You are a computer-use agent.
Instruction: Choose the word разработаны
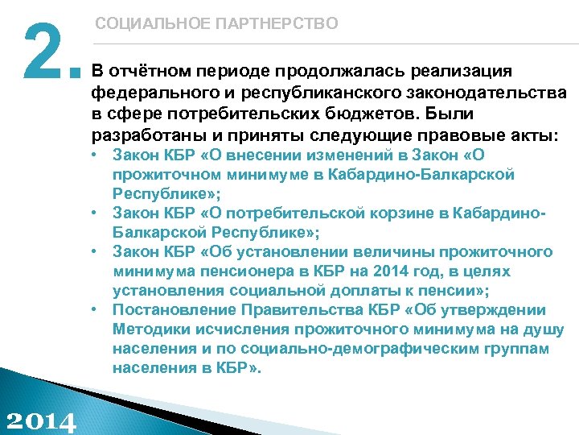pyautogui.click(x=144, y=132)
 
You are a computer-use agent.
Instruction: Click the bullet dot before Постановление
pyautogui.click(x=95, y=309)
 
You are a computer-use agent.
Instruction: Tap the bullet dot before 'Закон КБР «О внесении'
pyautogui.click(x=95, y=154)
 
